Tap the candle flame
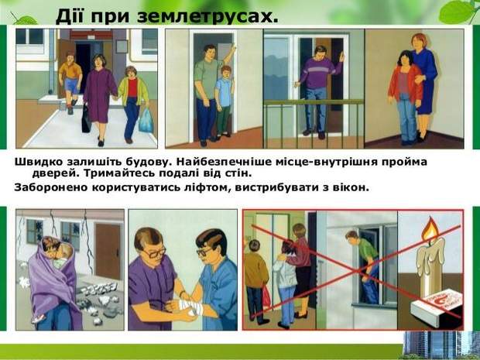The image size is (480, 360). tap(430, 229)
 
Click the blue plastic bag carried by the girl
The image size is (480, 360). tap(146, 120)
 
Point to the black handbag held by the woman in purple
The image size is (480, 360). tap(86, 119)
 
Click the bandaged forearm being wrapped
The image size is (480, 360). tap(189, 306)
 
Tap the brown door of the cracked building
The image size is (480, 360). tap(108, 251)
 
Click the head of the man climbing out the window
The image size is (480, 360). tap(351, 235)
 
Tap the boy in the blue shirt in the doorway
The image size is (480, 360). tap(225, 101)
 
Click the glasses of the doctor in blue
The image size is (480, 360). tap(204, 252)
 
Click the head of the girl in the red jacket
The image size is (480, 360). tap(405, 58)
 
